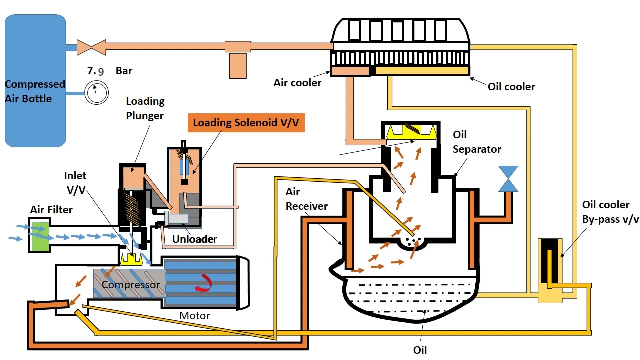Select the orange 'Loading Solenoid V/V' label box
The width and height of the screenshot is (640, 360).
pos(246,123)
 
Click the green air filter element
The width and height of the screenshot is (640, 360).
pos(38,238)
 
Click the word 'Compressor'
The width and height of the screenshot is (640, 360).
pos(131,285)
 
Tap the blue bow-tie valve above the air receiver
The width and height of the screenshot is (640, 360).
pos(509,179)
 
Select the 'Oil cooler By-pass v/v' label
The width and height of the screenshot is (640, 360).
pos(606,212)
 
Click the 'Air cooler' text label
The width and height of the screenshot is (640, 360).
pos(297,83)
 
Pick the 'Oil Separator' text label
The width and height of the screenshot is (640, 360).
pos(476,142)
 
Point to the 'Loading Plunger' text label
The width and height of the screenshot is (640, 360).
pos(145,109)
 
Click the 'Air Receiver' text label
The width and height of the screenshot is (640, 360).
pos(306,199)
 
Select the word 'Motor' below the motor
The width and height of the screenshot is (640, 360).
pos(195,316)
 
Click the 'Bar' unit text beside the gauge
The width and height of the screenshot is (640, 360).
pos(124,71)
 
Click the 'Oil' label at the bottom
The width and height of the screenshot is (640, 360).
pos(420,350)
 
